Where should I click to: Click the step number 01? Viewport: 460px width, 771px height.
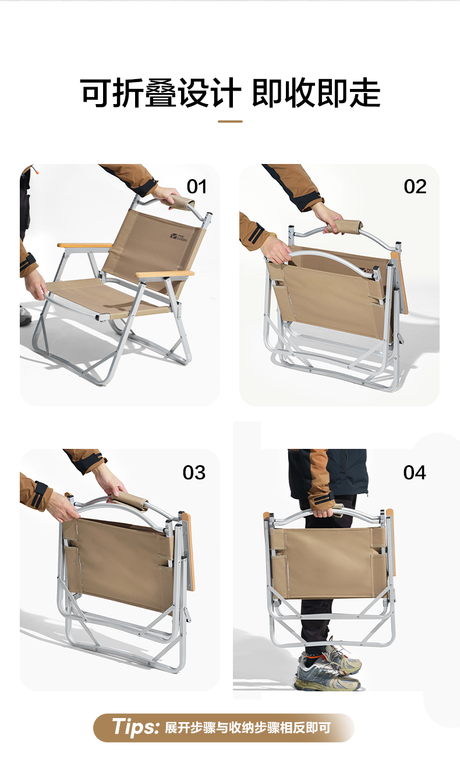196,187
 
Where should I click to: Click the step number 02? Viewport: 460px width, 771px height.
415,187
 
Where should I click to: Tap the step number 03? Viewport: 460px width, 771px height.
194,472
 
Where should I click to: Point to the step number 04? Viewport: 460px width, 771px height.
415,472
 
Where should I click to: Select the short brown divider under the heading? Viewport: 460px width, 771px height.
230,121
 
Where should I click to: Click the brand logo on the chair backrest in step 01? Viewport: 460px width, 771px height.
179,237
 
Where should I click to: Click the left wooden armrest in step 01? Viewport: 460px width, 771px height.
85,245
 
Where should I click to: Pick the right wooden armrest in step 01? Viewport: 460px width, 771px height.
165,274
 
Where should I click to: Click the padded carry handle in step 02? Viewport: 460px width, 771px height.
345,226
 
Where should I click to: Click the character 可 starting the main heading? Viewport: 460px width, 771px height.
95,93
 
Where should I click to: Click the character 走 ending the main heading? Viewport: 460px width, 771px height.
365,93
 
